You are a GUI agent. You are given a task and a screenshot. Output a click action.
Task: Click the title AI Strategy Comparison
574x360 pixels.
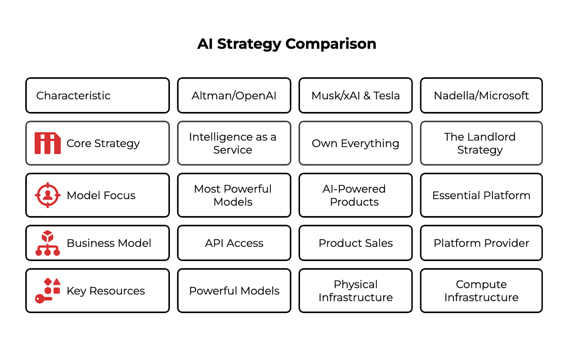click(287, 44)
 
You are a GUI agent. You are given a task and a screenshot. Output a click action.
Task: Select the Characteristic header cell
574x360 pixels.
click(97, 95)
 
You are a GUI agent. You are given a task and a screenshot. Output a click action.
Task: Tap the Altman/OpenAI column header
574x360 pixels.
click(234, 95)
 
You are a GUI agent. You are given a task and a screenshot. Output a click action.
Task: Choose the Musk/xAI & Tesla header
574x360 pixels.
click(356, 95)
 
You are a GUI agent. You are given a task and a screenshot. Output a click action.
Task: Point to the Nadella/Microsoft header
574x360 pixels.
click(481, 95)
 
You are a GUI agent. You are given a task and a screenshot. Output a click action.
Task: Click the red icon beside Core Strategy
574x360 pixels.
click(48, 143)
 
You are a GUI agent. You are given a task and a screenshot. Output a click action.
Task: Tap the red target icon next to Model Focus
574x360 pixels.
click(48, 195)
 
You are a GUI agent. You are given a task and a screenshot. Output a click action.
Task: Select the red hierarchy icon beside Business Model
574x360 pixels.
click(48, 243)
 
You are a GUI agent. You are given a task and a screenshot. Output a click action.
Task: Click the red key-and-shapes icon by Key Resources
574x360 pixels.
click(48, 291)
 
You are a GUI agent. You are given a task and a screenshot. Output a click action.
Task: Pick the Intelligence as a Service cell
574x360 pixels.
click(234, 143)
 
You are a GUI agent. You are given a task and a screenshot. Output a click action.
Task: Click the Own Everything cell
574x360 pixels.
click(356, 143)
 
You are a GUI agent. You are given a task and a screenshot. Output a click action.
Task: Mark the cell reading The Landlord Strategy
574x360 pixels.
click(481, 143)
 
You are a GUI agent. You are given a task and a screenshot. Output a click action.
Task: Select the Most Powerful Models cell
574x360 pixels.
click(234, 195)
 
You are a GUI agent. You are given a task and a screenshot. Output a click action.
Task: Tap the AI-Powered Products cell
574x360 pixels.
click(356, 195)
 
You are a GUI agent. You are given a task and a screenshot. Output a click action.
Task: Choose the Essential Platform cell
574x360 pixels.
click(481, 195)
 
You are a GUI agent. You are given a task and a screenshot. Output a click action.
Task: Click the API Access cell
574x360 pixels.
click(234, 243)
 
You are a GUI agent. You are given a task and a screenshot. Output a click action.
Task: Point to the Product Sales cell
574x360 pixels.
click(356, 243)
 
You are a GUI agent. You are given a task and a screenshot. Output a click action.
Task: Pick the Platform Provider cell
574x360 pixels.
click(481, 243)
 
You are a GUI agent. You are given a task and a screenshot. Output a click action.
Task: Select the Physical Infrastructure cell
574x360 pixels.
click(356, 291)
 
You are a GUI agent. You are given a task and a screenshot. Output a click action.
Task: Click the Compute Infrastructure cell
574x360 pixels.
click(481, 291)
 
